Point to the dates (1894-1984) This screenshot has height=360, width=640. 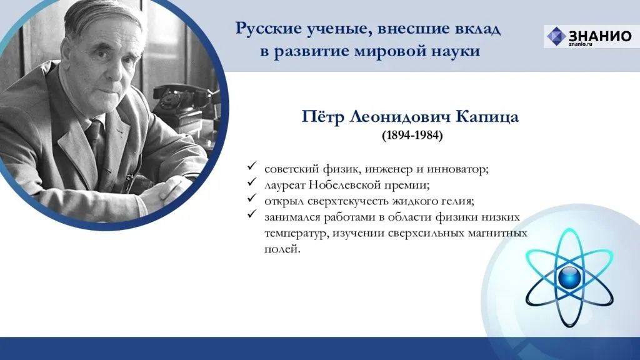point(412,135)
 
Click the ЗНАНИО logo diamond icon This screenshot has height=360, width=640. point(556,36)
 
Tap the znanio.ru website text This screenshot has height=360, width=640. point(580,44)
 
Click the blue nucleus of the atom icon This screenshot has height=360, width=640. point(569,278)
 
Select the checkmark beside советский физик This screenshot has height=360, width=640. point(252,166)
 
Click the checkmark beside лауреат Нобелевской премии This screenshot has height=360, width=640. point(252,182)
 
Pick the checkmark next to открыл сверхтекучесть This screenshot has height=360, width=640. point(252,198)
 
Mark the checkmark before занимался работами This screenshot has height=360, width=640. point(252,214)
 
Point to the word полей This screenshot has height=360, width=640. point(282,249)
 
